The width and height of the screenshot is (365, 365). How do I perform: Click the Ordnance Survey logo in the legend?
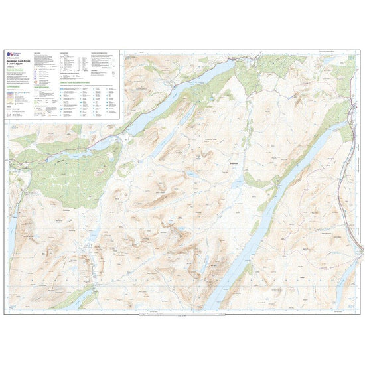9,54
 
